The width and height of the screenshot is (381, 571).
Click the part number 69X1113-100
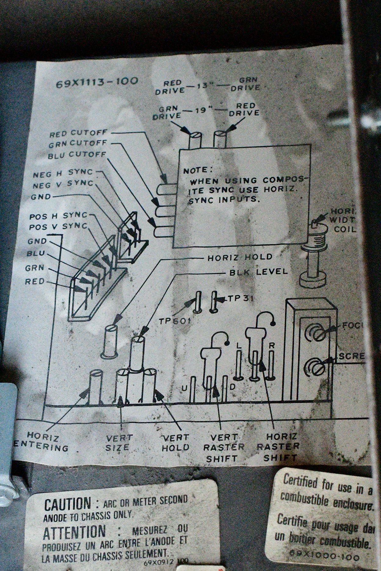(97, 83)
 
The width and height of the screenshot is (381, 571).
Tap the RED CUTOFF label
(78, 134)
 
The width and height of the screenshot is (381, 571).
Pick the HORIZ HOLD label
(240, 257)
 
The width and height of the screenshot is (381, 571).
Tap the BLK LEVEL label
(258, 272)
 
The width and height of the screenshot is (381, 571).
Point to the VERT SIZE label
(117, 443)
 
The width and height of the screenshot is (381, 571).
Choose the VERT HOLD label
(175, 443)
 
